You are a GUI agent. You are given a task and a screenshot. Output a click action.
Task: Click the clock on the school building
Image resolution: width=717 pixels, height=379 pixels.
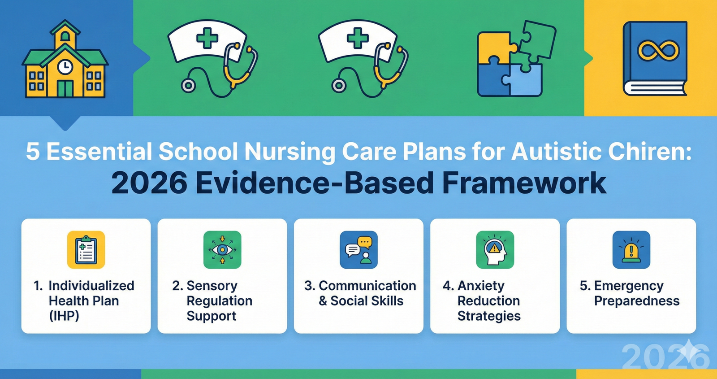65,67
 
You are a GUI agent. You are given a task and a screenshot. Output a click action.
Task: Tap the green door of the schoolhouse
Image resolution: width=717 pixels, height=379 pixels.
65,88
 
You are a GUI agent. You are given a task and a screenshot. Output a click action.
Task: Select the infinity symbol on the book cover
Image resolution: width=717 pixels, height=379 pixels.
658,51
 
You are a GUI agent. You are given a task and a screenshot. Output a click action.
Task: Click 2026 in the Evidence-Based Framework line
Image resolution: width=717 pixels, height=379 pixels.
149,183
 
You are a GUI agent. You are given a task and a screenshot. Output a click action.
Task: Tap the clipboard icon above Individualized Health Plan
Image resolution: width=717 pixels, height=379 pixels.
86,249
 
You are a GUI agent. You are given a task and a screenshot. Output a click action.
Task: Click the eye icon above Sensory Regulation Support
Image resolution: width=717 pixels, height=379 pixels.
222,249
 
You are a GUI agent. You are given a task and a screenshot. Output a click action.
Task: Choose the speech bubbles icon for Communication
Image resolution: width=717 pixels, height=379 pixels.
358,249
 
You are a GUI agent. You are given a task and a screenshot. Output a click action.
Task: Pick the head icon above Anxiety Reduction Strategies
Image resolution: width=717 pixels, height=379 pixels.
495,249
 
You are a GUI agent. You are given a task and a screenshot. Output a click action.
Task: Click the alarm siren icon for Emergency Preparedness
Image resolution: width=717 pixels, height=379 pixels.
631,249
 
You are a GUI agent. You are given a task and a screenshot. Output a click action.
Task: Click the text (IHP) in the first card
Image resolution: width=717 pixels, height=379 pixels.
64,316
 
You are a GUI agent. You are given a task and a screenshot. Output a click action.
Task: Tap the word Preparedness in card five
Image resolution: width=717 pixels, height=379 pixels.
637,301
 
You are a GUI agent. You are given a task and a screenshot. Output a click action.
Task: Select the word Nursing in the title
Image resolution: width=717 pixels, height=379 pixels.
289,152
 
